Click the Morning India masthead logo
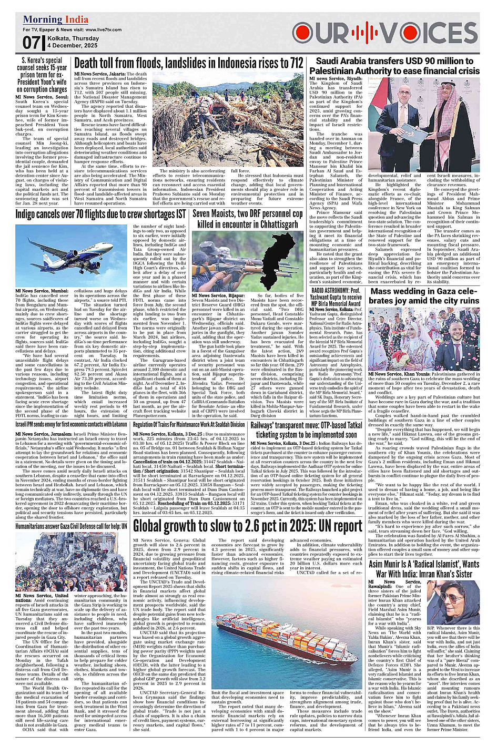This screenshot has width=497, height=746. tap(56, 20)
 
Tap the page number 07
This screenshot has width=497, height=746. tap(31, 42)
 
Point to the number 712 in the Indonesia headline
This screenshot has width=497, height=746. tap(296, 64)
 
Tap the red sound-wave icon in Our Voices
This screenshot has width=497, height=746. tap(364, 34)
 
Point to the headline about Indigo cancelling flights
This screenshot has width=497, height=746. tap(100, 214)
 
